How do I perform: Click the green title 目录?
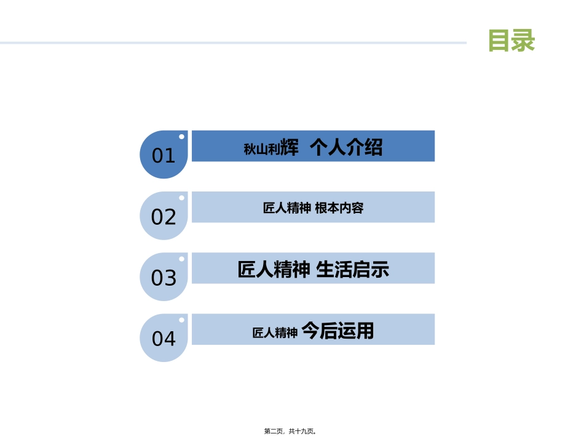pos(511,41)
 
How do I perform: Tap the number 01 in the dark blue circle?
pos(164,156)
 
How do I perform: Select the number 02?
pos(164,217)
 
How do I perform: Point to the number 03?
pos(164,278)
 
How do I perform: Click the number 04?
pos(164,339)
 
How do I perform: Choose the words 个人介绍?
pos(346,147)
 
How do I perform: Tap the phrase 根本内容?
pos(339,208)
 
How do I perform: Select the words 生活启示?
pos(352,269)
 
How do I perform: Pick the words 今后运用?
pos(338,331)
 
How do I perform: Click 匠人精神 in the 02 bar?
pos(286,208)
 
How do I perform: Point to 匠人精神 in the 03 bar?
pos(274,269)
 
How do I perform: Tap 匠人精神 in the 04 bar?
pos(275,332)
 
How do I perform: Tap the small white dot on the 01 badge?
pos(181,137)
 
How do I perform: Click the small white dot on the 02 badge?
pos(181,198)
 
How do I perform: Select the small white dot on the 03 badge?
pos(181,259)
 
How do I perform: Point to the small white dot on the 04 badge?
pos(181,320)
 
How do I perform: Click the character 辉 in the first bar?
pos(290,148)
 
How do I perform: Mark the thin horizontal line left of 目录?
pos(234,43)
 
